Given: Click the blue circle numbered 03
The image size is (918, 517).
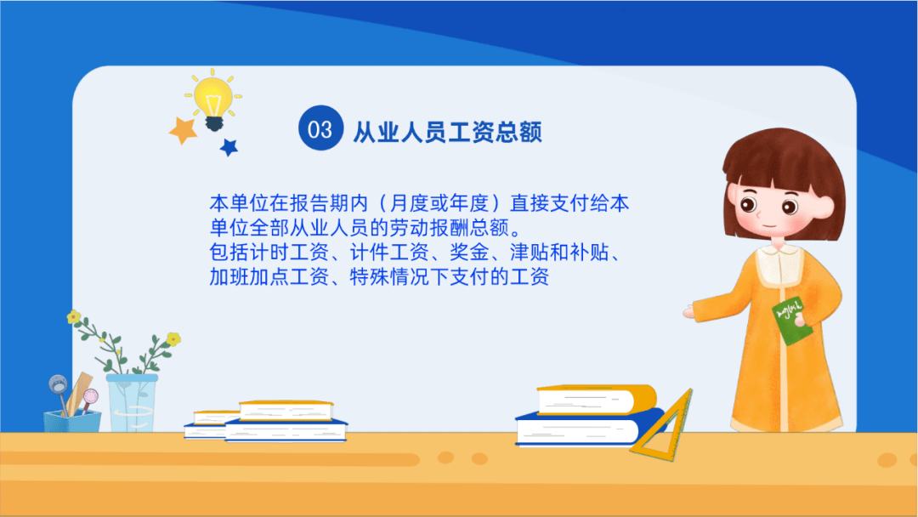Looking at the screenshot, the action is [320, 128].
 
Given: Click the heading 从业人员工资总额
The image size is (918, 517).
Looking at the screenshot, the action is [447, 132].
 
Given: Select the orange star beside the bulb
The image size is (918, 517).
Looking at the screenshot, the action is [184, 130].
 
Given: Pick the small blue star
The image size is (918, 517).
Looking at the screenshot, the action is [229, 147].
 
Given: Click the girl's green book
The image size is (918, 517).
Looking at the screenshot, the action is [792, 321].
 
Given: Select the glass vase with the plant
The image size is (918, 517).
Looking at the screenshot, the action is [132, 403].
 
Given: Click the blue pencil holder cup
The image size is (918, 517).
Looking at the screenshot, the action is [72, 421].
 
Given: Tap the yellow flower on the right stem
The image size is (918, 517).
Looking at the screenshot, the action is [173, 339].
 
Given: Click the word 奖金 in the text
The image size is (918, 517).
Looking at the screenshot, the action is [469, 253].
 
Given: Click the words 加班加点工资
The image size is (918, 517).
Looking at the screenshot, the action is [269, 276].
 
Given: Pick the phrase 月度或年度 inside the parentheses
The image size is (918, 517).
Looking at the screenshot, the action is [439, 203].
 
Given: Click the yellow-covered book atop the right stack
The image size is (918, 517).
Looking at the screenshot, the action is [596, 401].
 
